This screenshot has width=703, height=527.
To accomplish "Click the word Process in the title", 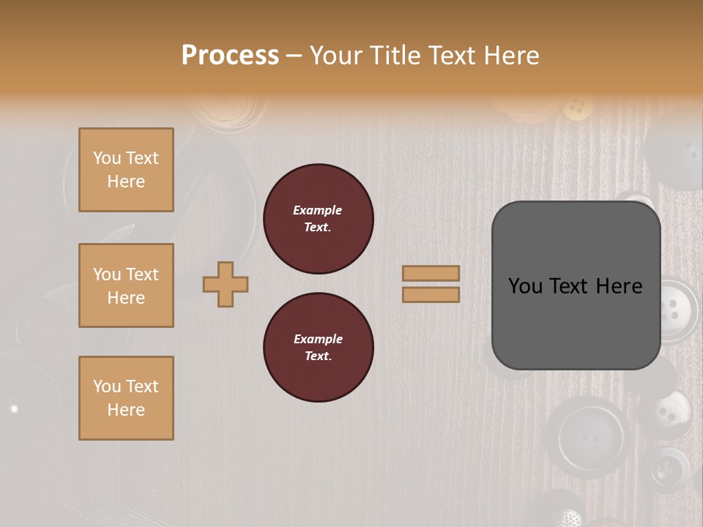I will pyautogui.click(x=230, y=55).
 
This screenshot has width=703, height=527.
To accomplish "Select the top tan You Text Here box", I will pyautogui.click(x=126, y=170).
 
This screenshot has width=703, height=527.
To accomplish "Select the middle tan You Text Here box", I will pyautogui.click(x=126, y=285).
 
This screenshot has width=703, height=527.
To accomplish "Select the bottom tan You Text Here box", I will pyautogui.click(x=126, y=398).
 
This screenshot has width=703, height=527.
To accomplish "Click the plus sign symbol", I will pyautogui.click(x=226, y=284).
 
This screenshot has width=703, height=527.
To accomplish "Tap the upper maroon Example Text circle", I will pyautogui.click(x=318, y=219).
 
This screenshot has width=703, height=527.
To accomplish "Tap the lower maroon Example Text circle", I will pyautogui.click(x=318, y=348).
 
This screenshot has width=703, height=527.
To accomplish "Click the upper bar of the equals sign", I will pyautogui.click(x=431, y=273).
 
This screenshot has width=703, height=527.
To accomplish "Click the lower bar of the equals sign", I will pyautogui.click(x=431, y=294).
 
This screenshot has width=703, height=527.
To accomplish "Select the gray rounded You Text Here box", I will pyautogui.click(x=576, y=285).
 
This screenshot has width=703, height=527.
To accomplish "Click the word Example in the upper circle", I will pyautogui.click(x=318, y=210).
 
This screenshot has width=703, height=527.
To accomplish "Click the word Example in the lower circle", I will pyautogui.click(x=318, y=339).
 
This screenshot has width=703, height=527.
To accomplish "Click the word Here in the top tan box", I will pyautogui.click(x=126, y=182).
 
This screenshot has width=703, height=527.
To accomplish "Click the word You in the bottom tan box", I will pyautogui.click(x=106, y=386).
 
